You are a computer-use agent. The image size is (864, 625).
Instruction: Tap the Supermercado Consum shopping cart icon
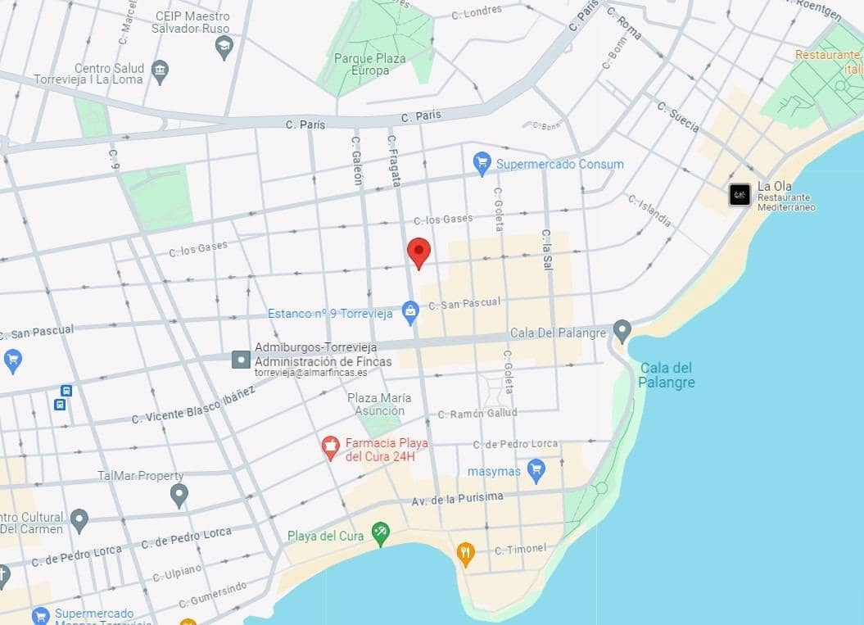[x=482, y=164]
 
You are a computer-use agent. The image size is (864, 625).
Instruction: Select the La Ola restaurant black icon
[x=740, y=194]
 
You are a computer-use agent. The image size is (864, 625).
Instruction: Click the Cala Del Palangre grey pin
[x=622, y=332]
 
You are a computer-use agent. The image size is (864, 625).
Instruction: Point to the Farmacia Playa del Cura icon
[x=331, y=447]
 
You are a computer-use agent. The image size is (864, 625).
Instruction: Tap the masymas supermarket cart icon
[x=536, y=470]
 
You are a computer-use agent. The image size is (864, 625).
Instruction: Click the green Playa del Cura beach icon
[x=380, y=533]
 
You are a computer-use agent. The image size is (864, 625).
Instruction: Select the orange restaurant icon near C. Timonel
[x=465, y=553]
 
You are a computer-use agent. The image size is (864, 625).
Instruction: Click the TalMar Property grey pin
[x=179, y=495]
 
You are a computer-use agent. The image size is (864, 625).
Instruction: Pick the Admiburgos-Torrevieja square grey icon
[x=241, y=359]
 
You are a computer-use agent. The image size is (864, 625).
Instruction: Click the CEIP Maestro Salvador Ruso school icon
[x=224, y=48]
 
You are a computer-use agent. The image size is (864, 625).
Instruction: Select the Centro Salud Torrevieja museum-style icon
[x=161, y=71]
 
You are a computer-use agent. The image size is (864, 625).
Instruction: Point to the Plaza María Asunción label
[x=379, y=404]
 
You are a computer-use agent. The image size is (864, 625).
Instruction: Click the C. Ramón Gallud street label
[x=477, y=414]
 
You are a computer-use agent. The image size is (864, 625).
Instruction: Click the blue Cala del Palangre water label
[x=667, y=375]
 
